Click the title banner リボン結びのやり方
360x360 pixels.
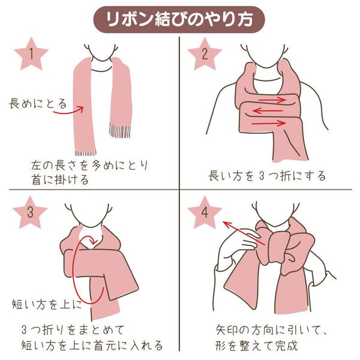[179, 19]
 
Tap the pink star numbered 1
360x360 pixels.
[31, 55]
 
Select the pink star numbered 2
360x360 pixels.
[205, 55]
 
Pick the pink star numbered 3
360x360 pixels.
[30, 212]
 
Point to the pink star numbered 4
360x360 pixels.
[205, 212]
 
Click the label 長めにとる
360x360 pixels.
[38, 104]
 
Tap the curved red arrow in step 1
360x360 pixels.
[68, 110]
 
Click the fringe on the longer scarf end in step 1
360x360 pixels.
[85, 152]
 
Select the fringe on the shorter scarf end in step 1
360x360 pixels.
[119, 130]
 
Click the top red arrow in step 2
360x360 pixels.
[272, 100]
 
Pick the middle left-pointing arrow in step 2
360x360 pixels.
[268, 111]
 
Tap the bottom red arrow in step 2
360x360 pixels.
[269, 123]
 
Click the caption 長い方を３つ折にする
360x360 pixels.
[267, 176]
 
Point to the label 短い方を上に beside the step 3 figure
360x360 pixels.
[47, 304]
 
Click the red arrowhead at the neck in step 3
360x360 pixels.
[94, 241]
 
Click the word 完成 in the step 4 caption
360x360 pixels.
[287, 346]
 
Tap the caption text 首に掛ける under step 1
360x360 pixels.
[60, 179]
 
